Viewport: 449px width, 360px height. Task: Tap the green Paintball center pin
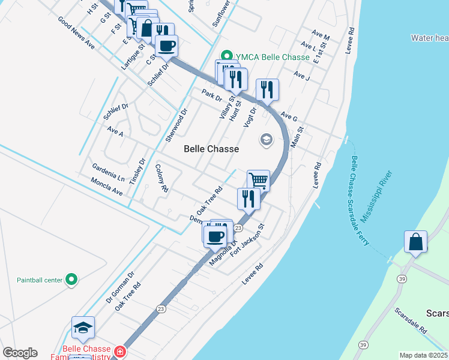(71, 280)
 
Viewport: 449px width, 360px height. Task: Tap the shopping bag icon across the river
(415, 242)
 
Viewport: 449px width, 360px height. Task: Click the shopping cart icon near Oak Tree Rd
(258, 180)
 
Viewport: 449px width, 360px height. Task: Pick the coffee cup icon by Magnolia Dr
(215, 236)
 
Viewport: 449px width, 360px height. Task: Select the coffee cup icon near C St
(166, 46)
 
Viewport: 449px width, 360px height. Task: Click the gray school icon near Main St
(265, 140)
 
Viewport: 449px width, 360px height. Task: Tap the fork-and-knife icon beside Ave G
(267, 90)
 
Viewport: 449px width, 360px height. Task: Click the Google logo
(20, 352)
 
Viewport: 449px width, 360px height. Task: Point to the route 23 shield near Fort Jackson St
(238, 228)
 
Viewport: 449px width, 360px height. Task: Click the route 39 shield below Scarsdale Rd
(363, 344)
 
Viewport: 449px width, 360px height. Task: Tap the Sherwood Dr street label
(177, 125)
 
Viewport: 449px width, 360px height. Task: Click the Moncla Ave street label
(107, 188)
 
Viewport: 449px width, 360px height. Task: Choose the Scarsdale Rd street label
(411, 321)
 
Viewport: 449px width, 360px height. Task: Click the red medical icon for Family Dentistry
(119, 351)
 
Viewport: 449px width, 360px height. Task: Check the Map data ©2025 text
(423, 355)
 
